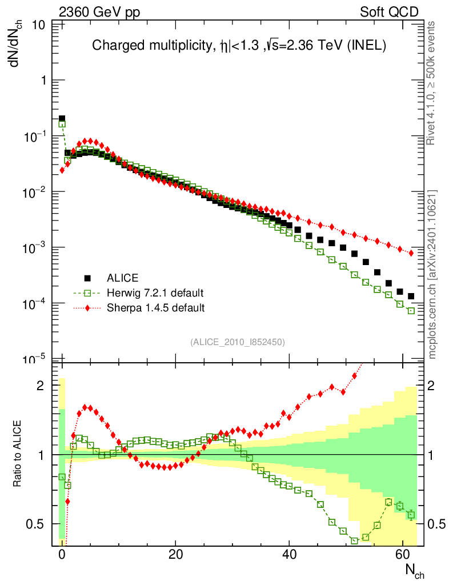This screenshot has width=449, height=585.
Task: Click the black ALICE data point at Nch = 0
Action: [x=62, y=119]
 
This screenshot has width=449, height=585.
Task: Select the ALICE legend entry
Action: [x=122, y=278]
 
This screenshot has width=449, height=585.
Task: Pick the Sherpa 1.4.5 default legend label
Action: [x=155, y=308]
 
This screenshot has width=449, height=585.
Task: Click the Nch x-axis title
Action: [x=415, y=570]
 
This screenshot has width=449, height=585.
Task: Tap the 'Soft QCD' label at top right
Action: [x=390, y=11]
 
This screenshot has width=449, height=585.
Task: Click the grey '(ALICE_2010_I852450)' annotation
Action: [x=238, y=342]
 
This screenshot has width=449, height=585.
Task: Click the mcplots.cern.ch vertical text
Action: [x=432, y=274]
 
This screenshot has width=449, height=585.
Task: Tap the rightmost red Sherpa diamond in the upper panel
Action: [x=411, y=253]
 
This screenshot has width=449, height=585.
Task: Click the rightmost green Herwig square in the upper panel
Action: [x=411, y=311]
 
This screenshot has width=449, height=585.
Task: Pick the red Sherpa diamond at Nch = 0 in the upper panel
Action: [x=62, y=170]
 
